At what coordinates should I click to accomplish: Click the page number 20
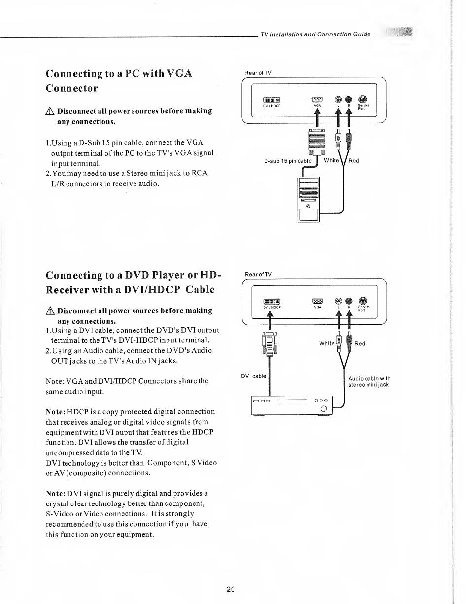pyautogui.click(x=231, y=589)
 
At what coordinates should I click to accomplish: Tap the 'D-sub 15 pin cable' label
pyautogui.click(x=288, y=161)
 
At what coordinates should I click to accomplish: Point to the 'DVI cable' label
pyautogui.click(x=253, y=376)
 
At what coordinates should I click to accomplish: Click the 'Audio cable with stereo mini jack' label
pyautogui.click(x=368, y=382)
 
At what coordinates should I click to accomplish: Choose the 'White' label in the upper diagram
pyautogui.click(x=332, y=161)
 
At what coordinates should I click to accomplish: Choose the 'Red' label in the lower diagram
pyautogui.click(x=360, y=343)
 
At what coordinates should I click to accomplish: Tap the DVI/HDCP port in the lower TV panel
pyautogui.click(x=272, y=302)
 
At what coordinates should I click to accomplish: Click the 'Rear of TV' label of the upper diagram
pyautogui.click(x=258, y=73)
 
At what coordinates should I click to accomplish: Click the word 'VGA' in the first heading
pyautogui.click(x=172, y=74)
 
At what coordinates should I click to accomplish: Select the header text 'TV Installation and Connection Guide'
pyautogui.click(x=315, y=34)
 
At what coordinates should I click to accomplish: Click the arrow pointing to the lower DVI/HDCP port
pyautogui.click(x=270, y=320)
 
